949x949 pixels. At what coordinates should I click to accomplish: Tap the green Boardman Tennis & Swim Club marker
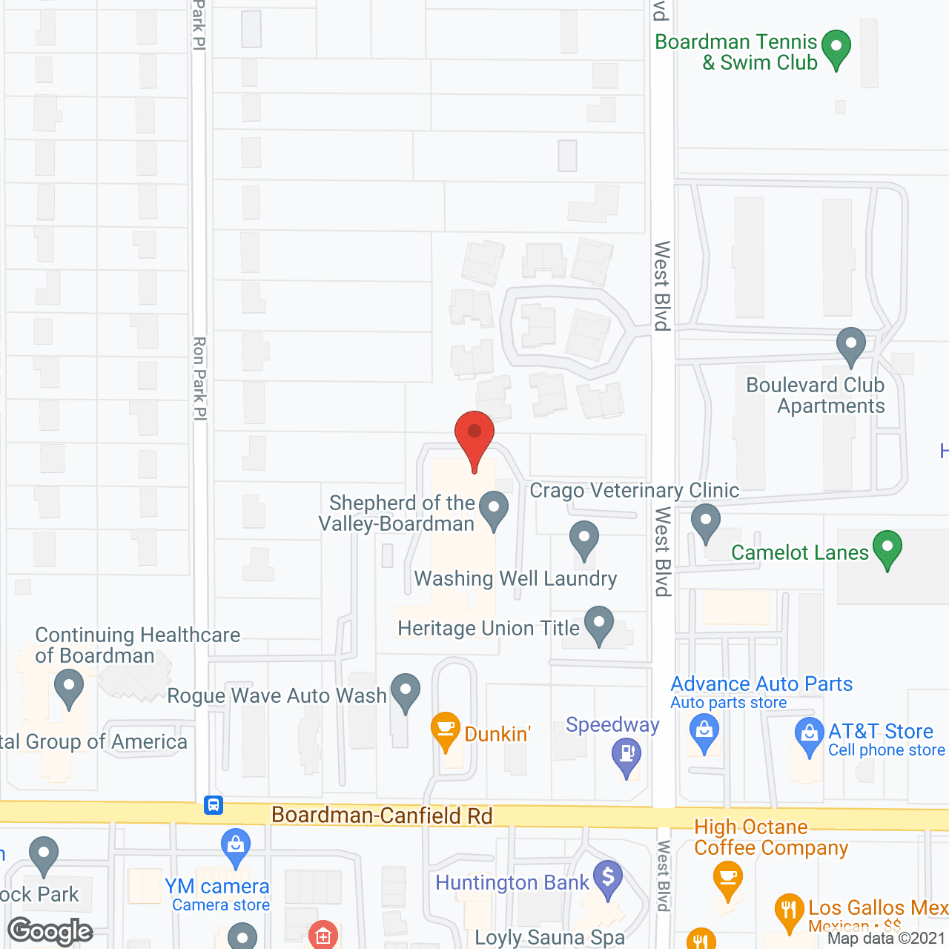pyautogui.click(x=836, y=47)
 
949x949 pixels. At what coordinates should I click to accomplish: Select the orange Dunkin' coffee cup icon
pyautogui.click(x=446, y=730)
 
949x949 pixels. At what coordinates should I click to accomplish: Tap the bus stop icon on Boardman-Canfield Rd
pyautogui.click(x=214, y=804)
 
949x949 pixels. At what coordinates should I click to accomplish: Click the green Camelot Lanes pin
pyautogui.click(x=887, y=549)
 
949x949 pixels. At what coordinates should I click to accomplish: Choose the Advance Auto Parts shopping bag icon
pyautogui.click(x=704, y=734)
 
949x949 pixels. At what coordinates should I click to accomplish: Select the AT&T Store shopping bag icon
pyautogui.click(x=809, y=735)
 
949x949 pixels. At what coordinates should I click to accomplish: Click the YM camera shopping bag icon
pyautogui.click(x=236, y=847)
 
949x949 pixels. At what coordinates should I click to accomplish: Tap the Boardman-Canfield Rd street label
pyautogui.click(x=382, y=816)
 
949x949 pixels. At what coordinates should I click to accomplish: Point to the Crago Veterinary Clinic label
pyautogui.click(x=634, y=491)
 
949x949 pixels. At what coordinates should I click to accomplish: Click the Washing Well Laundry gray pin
pyautogui.click(x=584, y=539)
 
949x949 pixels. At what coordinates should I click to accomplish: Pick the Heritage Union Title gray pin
pyautogui.click(x=599, y=624)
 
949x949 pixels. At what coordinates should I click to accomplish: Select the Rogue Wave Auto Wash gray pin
pyautogui.click(x=405, y=691)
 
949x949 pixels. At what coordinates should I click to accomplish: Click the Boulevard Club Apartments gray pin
pyautogui.click(x=850, y=345)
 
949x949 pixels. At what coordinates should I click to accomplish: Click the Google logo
pyautogui.click(x=50, y=931)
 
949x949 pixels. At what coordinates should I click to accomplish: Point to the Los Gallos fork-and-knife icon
pyautogui.click(x=789, y=911)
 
